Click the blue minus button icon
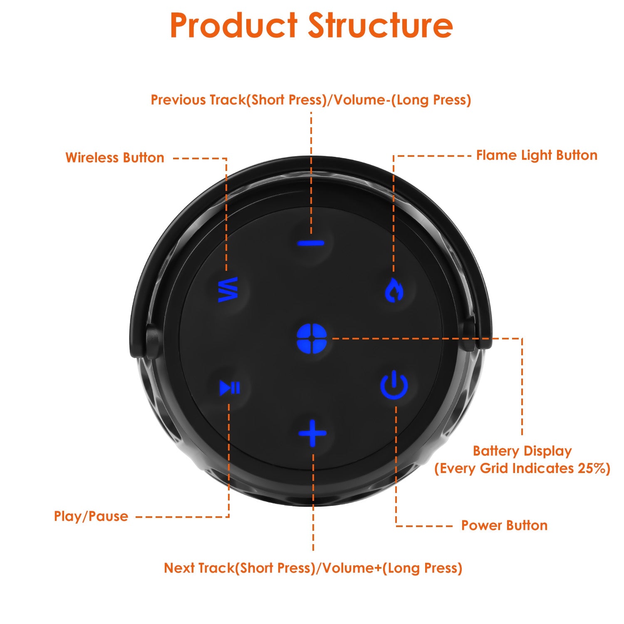311,243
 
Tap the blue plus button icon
312,433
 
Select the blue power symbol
394,385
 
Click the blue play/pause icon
230,388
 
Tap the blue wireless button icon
228,289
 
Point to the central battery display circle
312,338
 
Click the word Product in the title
234,26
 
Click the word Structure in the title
380,26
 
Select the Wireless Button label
115,158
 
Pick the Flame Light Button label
537,155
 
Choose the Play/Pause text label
91,516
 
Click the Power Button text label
504,525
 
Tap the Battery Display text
522,451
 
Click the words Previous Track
198,100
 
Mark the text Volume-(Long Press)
402,100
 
